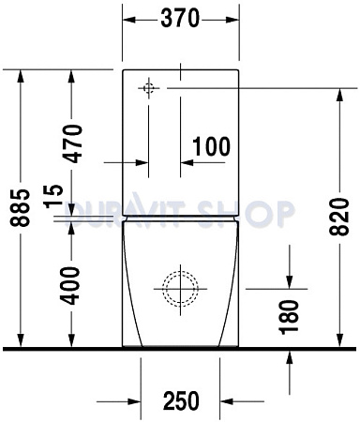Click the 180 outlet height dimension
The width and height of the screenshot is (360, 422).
[288, 317]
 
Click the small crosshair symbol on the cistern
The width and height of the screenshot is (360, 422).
[147, 88]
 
